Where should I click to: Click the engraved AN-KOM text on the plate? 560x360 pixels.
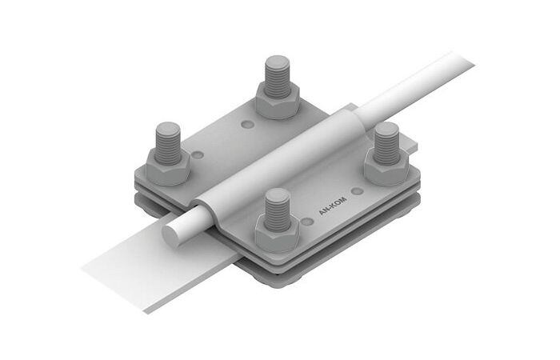point(333,206)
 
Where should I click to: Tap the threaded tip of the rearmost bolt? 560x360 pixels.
point(277,76)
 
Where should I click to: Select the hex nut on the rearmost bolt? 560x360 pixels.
point(278,101)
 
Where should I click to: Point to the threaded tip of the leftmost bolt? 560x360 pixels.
point(167,142)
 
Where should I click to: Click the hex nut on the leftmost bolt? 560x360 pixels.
point(167,167)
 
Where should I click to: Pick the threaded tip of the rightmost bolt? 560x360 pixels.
point(386,142)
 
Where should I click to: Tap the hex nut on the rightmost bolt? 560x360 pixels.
point(386,167)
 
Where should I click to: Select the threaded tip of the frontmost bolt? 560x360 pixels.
point(277,210)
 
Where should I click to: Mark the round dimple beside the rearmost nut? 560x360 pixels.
point(247,125)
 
